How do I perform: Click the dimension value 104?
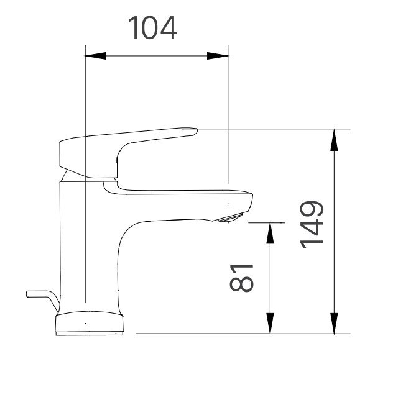[x=152, y=29]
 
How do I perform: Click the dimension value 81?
[x=243, y=276]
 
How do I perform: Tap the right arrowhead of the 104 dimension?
[x=218, y=56]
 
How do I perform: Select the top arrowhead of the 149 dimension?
[x=335, y=140]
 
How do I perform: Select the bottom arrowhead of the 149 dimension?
[x=335, y=324]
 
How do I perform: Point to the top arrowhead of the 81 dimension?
[x=270, y=232]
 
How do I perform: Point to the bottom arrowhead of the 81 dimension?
[x=270, y=324]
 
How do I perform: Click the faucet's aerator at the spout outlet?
[x=231, y=217]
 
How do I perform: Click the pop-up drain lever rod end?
[x=30, y=293]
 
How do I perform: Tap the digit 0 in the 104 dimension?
[x=152, y=29]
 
